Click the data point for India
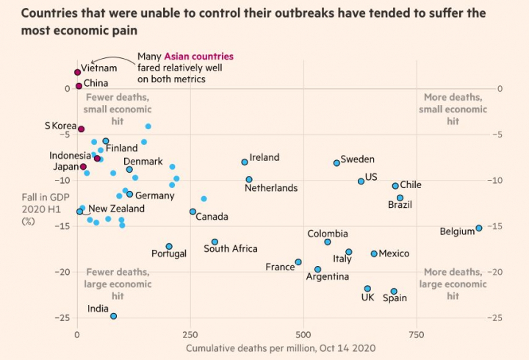[x=113, y=316]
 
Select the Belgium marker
[x=479, y=228]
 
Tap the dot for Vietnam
[x=77, y=72]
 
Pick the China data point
[x=79, y=86]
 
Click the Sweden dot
[x=337, y=162]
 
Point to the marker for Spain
[x=394, y=291]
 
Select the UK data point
[x=367, y=289]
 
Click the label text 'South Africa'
[x=230, y=248]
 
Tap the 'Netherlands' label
[x=270, y=188]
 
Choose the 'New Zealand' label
[x=116, y=209]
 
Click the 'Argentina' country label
[x=327, y=277]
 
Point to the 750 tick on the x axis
[x=416, y=334]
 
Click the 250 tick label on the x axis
[x=190, y=334]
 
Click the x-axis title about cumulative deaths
[x=281, y=348]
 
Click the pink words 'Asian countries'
[x=198, y=57]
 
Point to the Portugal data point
[x=169, y=247]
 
